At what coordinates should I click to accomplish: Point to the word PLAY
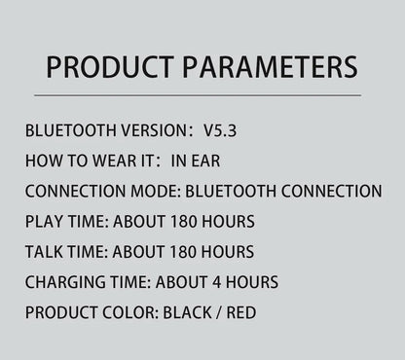[x=44, y=221]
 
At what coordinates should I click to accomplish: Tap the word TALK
[x=45, y=251]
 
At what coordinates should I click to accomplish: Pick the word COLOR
[x=130, y=312]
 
